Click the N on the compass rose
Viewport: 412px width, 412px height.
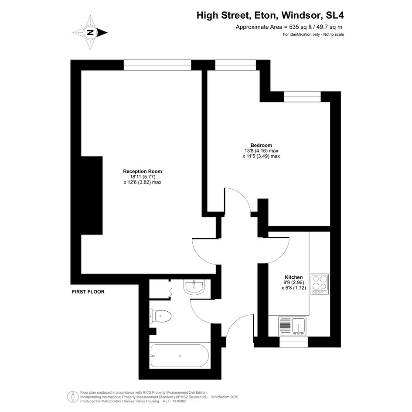tap(90, 33)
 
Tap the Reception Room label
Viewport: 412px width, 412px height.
tap(143, 171)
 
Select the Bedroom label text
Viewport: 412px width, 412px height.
tap(261, 145)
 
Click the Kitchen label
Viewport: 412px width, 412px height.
tap(294, 277)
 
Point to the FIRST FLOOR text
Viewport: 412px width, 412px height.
tap(88, 292)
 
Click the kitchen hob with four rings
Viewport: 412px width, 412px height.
tap(320, 284)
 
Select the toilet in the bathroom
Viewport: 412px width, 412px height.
tap(160, 316)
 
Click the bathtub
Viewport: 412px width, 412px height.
tap(180, 356)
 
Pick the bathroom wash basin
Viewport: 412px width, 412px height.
tap(194, 287)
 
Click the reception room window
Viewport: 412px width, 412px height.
tap(157, 65)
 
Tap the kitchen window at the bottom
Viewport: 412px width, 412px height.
tap(293, 342)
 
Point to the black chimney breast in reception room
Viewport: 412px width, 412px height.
tap(92, 195)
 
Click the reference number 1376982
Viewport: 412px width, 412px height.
tap(178, 401)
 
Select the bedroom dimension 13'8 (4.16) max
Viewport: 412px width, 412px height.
tap(261, 151)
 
